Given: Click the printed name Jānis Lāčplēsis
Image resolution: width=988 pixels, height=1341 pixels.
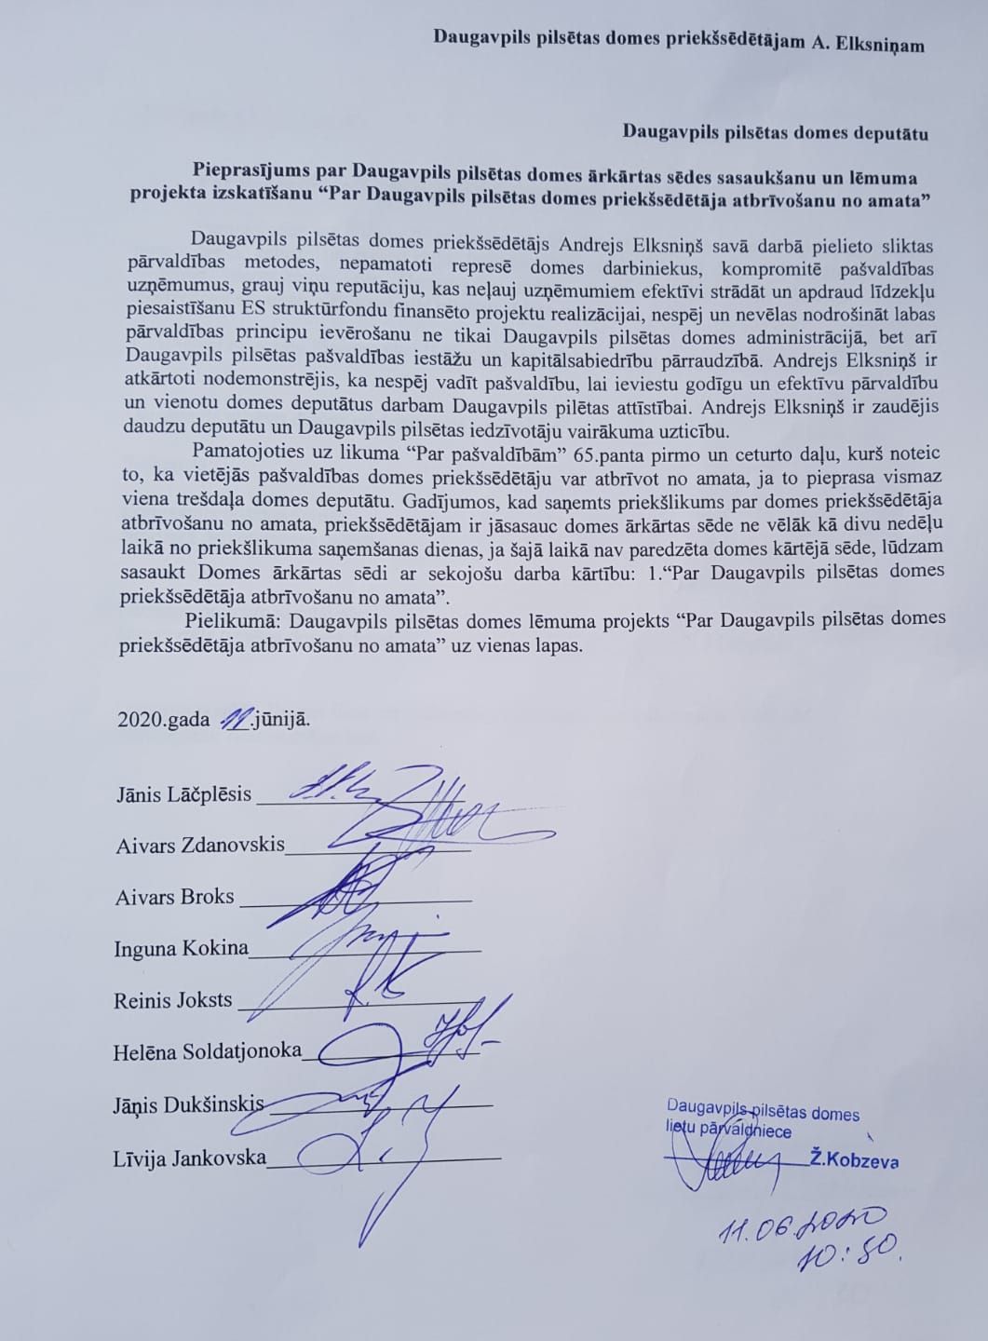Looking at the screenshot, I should click(x=183, y=794).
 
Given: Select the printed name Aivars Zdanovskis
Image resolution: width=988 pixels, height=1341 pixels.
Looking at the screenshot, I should click(x=200, y=846).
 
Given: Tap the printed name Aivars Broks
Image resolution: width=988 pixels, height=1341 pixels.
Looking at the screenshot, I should click(x=174, y=898).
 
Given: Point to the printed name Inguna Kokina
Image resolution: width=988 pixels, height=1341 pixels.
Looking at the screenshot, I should click(x=182, y=949).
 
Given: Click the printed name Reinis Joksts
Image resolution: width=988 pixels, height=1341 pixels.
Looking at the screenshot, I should click(x=173, y=1001).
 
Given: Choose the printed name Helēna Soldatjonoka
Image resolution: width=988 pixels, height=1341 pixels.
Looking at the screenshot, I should click(x=208, y=1050).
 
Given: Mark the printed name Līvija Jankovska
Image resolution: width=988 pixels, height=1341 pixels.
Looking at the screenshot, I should click(x=190, y=1158).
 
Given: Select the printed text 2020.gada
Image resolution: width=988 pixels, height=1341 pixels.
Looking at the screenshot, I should click(x=163, y=721).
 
